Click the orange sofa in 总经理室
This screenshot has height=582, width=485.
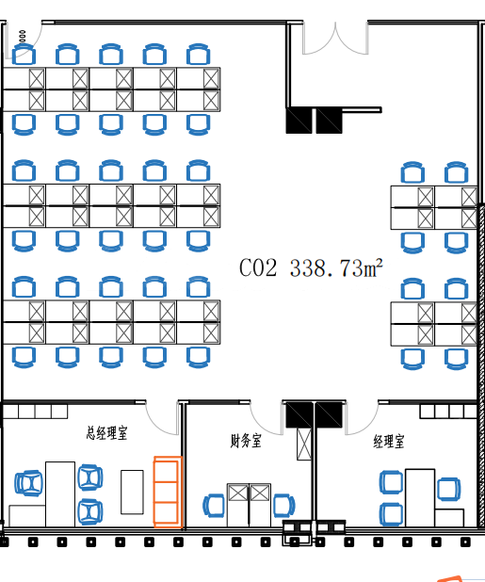[x=168, y=492]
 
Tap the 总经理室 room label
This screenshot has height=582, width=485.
[x=106, y=433]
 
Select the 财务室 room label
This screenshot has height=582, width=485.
[x=246, y=441]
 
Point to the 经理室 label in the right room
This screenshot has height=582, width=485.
[x=389, y=442]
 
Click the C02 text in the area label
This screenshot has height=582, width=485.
[x=258, y=267]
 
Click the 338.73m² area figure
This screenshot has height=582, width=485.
[x=336, y=267]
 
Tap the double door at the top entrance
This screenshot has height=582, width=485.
[x=335, y=39]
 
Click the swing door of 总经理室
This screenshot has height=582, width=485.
[x=162, y=419]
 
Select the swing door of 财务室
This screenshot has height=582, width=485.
[x=267, y=419]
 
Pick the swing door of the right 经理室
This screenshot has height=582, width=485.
[x=363, y=419]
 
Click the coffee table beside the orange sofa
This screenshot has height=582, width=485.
[x=132, y=493]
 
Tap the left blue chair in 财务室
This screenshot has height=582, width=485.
[x=214, y=506]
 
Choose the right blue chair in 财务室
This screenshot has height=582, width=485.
[x=283, y=506]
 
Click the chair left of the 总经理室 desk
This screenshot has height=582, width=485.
[x=28, y=483]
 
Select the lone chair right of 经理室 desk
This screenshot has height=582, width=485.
[x=449, y=489]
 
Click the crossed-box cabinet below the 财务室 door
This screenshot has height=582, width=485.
[x=304, y=444]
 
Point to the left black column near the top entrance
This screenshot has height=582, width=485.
[x=299, y=121]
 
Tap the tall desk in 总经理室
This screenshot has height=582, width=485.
[x=60, y=494]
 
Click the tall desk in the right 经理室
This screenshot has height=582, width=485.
[x=420, y=497]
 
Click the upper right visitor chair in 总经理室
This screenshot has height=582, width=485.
[x=90, y=477]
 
